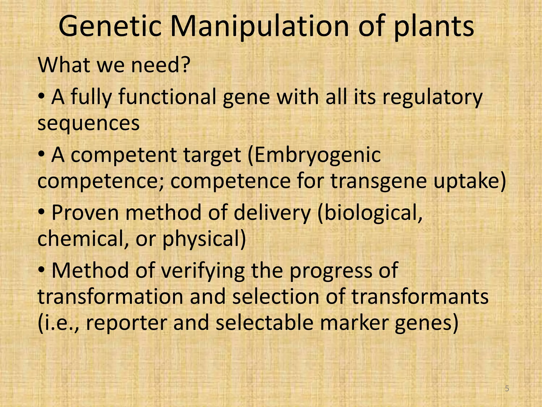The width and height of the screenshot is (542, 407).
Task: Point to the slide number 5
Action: [x=507, y=388]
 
